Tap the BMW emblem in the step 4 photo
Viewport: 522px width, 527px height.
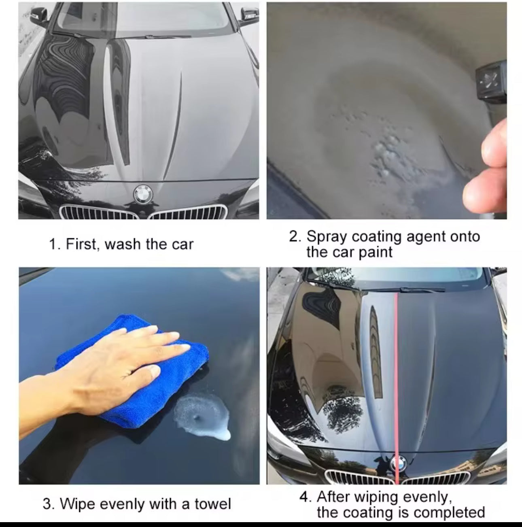397,461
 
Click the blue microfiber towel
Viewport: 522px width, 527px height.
134,368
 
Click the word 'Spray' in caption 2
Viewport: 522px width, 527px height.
327,236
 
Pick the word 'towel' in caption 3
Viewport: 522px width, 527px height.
212,504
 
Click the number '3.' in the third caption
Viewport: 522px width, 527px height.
48,504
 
